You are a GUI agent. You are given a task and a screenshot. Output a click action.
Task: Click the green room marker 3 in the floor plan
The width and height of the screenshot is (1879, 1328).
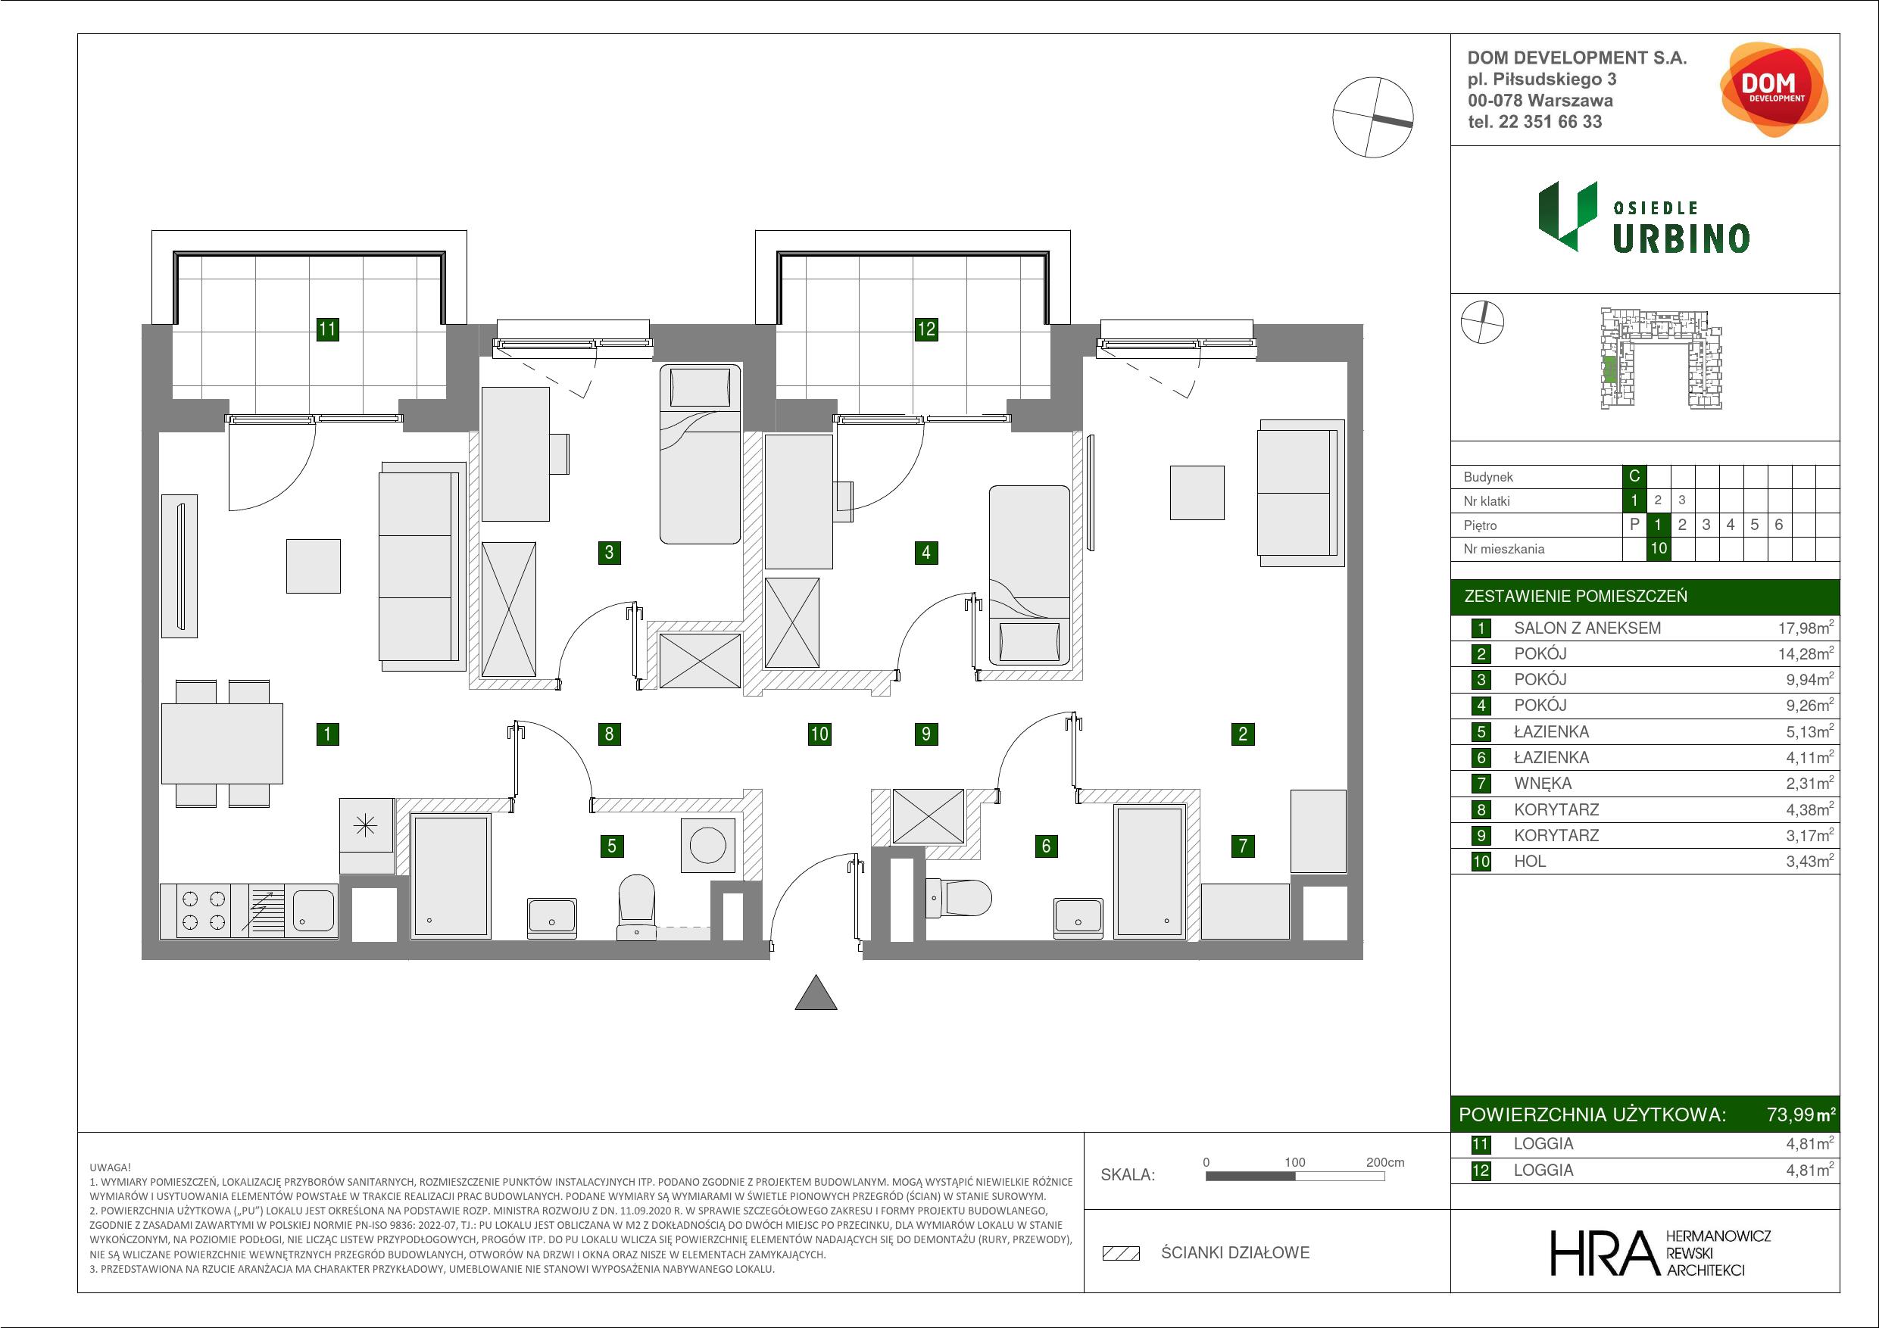(608, 552)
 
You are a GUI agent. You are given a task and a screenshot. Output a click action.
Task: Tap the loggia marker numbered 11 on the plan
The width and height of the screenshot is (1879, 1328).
(327, 329)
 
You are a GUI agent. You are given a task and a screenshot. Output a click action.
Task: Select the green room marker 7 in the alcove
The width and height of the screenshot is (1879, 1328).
(1242, 845)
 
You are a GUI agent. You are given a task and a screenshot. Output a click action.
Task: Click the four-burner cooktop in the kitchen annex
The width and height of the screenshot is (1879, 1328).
(204, 911)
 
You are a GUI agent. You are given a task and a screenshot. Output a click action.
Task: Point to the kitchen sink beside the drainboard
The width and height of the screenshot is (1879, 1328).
(312, 911)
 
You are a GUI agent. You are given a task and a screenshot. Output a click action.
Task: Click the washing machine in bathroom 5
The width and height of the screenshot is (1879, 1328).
(707, 844)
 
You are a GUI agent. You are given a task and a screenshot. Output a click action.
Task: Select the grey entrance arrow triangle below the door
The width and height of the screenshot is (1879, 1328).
(816, 994)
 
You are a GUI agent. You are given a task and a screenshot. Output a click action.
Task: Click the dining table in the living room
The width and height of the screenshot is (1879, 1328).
(222, 743)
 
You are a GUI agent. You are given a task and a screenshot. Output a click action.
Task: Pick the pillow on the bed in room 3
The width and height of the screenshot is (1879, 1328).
(700, 386)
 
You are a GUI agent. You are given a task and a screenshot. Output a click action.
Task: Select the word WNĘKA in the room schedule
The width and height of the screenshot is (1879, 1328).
(1543, 783)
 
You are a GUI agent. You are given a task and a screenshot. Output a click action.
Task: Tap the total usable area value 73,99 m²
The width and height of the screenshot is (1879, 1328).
(1801, 1114)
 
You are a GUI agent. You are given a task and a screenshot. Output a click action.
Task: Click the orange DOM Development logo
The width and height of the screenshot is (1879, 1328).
(1773, 90)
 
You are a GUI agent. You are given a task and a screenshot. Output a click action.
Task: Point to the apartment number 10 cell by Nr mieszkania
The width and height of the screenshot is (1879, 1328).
(1658, 548)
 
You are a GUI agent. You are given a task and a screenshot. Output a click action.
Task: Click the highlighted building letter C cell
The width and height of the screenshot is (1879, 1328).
(1634, 476)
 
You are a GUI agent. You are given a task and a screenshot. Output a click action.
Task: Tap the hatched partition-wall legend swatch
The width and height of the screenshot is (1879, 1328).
(1121, 1253)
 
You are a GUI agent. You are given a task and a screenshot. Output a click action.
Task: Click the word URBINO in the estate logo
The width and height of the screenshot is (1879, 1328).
(1681, 238)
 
